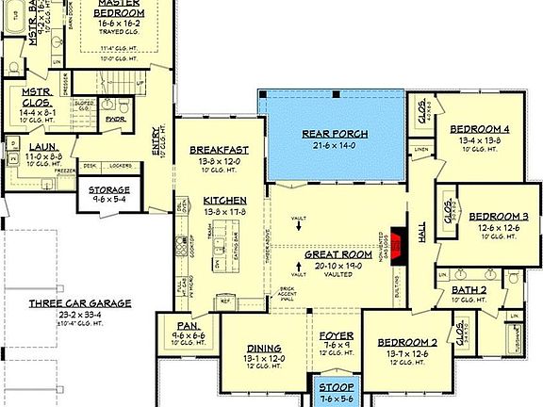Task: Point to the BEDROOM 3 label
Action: [499, 216]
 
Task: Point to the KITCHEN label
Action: [224, 201]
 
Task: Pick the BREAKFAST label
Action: [219, 150]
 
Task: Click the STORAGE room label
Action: [110, 189]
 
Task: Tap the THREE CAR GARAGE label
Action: [79, 303]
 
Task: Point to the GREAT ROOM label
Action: [338, 254]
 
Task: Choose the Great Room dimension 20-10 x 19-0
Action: [338, 266]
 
